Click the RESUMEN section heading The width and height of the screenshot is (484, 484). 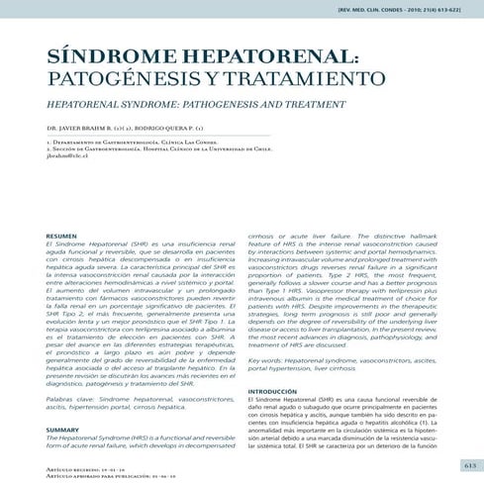(x=62, y=236)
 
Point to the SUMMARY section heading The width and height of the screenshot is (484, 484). (x=62, y=430)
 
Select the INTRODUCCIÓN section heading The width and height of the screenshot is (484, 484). (x=273, y=392)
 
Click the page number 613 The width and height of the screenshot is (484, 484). (x=470, y=464)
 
